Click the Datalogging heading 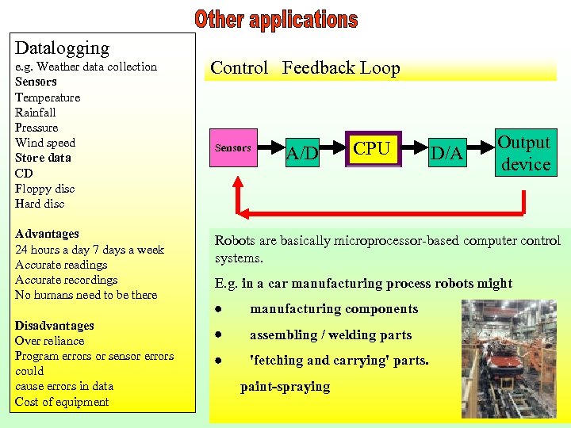click(62, 48)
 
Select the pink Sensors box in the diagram click(232, 148)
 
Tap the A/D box click(302, 152)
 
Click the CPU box click(372, 148)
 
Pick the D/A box click(446, 153)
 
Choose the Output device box click(524, 153)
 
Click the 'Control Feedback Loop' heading click(305, 68)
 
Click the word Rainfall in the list click(36, 113)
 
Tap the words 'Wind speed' click(45, 143)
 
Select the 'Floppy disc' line click(44, 189)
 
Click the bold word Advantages click(47, 234)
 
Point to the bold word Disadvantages click(54, 326)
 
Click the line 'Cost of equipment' click(62, 402)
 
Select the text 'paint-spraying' click(285, 387)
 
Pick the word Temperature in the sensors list click(48, 97)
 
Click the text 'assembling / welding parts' click(331, 334)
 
